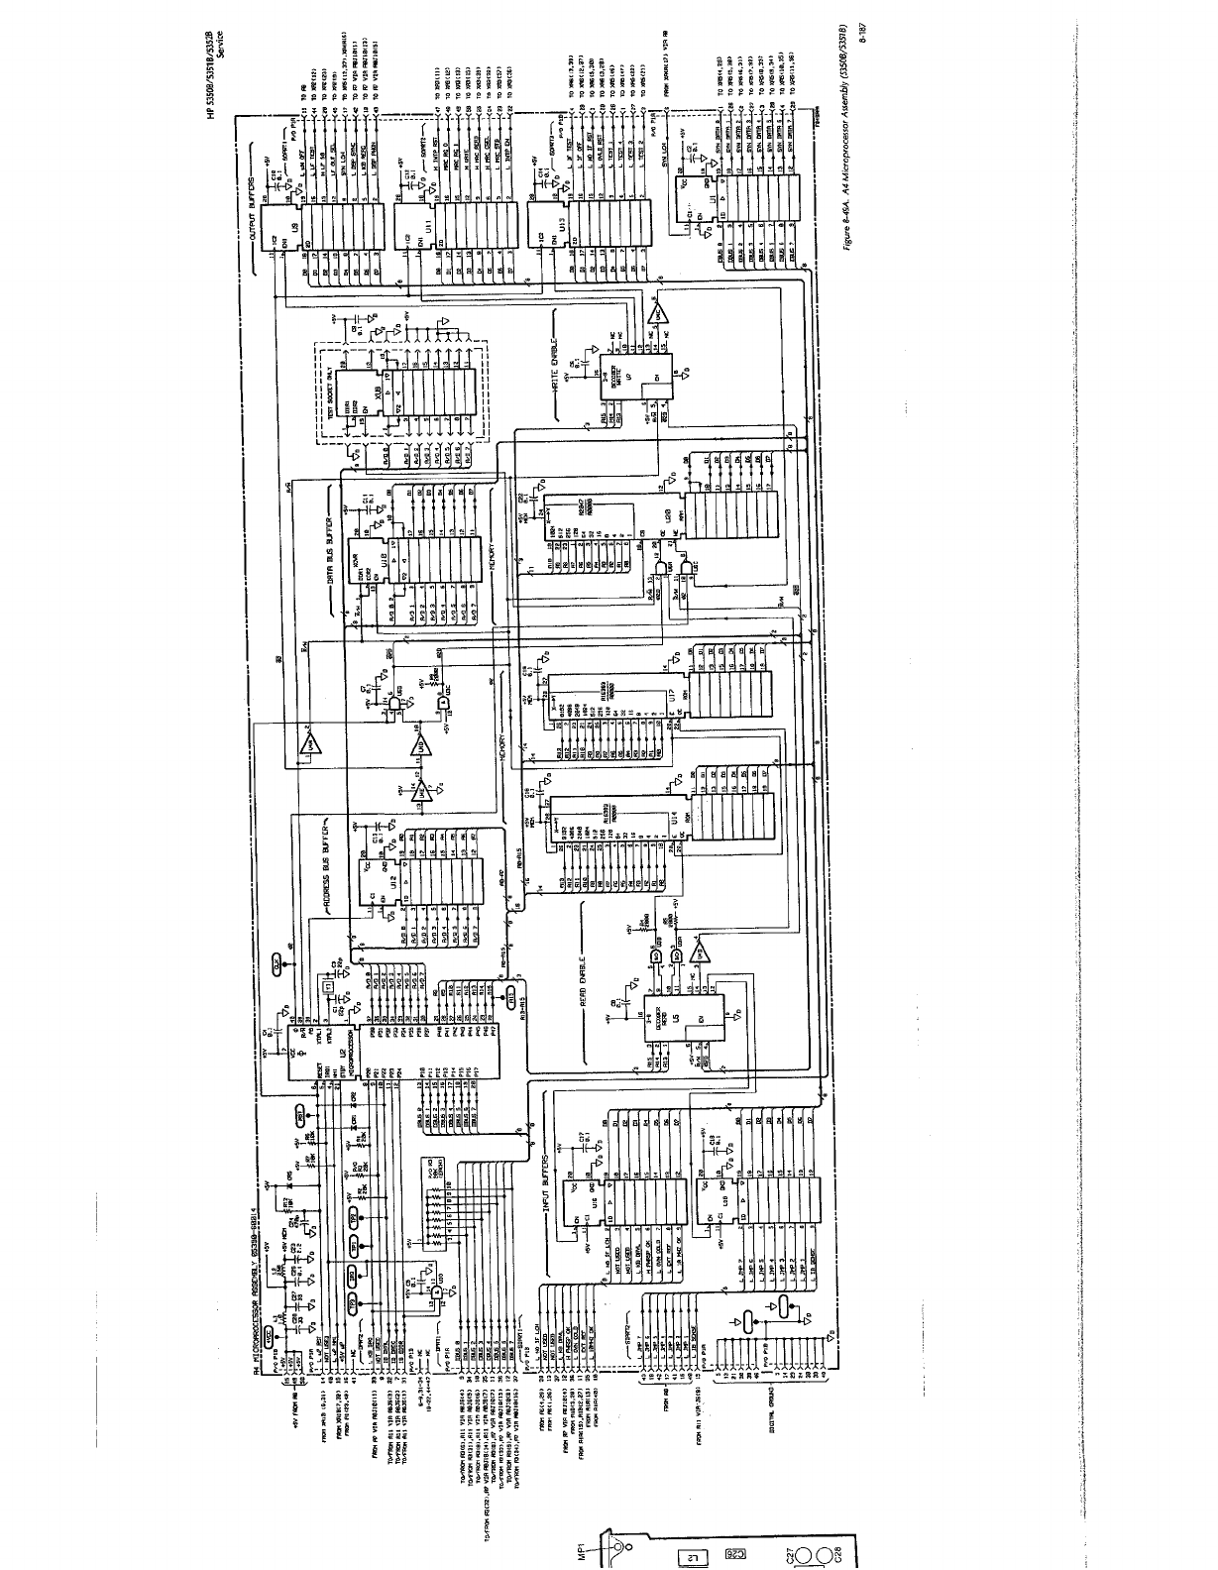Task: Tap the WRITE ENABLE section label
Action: pos(556,357)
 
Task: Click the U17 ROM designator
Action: pos(675,699)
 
